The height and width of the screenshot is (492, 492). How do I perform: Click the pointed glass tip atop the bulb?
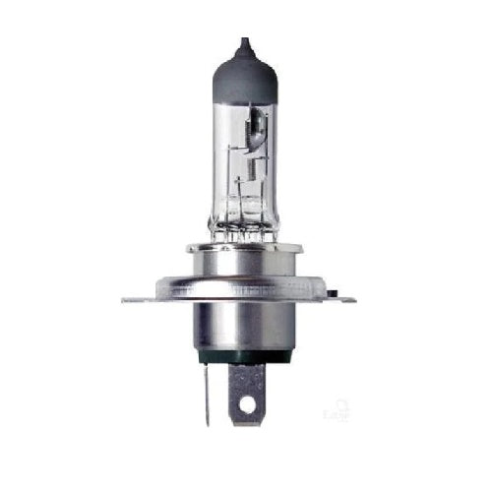point(243,44)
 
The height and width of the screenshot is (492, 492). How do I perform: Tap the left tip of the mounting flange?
point(125,298)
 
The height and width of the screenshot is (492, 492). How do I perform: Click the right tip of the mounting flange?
point(353,298)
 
